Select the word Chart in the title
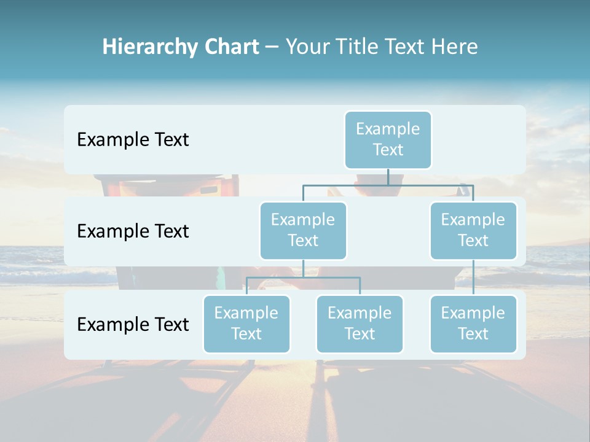pos(229,47)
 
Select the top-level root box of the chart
pos(388,140)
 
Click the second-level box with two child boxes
pos(303,231)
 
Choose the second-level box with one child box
pos(473,231)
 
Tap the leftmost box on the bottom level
pos(246,324)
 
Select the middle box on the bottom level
pos(360,324)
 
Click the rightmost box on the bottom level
pos(473,324)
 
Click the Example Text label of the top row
pos(133,140)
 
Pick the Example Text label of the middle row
pos(133,231)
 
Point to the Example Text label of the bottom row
pos(133,325)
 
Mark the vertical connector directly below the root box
pos(388,177)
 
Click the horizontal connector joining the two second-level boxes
pos(388,185)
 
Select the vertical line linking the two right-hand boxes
pos(473,277)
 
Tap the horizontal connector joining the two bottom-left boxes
pos(303,277)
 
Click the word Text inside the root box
pos(388,150)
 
